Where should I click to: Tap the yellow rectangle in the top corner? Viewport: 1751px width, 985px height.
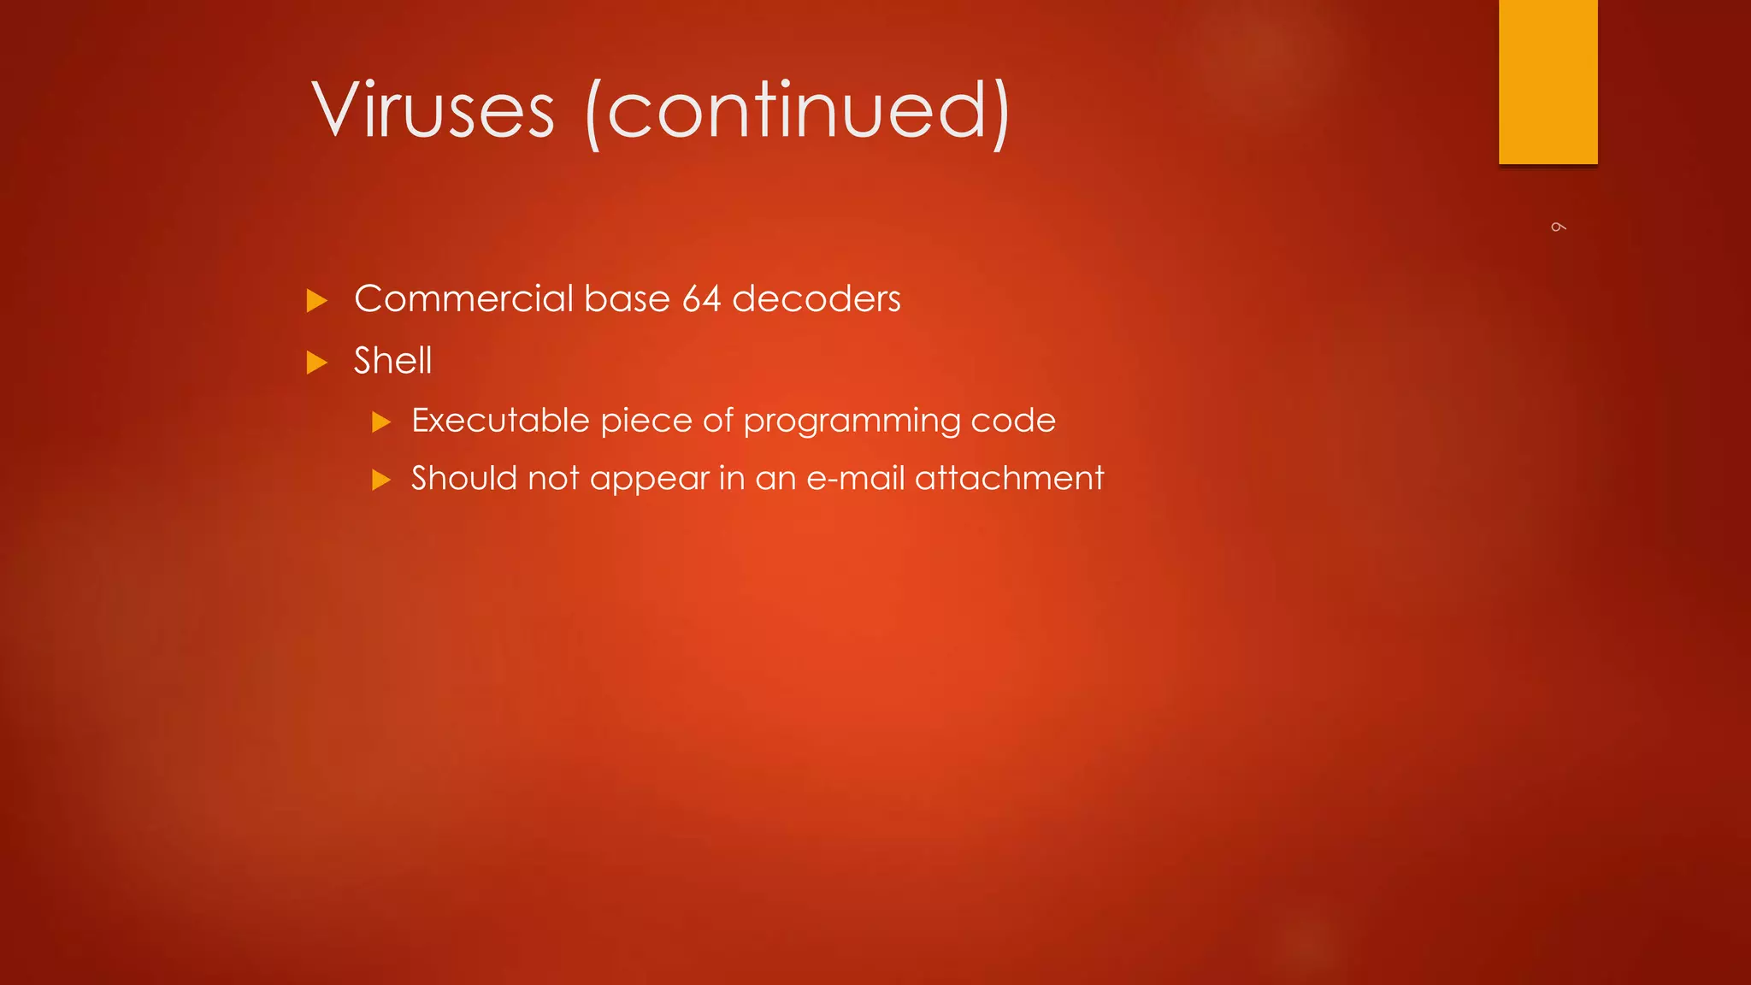1548,81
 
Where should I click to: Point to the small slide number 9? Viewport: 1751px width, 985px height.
1558,227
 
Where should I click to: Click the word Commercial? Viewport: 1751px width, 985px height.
463,299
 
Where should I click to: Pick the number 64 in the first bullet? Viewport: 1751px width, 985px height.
701,299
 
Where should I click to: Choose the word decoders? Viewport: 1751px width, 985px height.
816,299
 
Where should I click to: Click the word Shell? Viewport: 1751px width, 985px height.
392,361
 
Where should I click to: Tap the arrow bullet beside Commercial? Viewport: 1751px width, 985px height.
317,301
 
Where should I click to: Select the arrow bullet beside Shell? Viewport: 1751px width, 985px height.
317,363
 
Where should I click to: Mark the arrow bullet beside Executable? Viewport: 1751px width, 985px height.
381,422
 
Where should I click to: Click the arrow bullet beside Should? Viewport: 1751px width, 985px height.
381,480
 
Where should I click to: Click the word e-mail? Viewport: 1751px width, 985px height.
855,478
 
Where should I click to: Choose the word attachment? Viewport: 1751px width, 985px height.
1009,478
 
